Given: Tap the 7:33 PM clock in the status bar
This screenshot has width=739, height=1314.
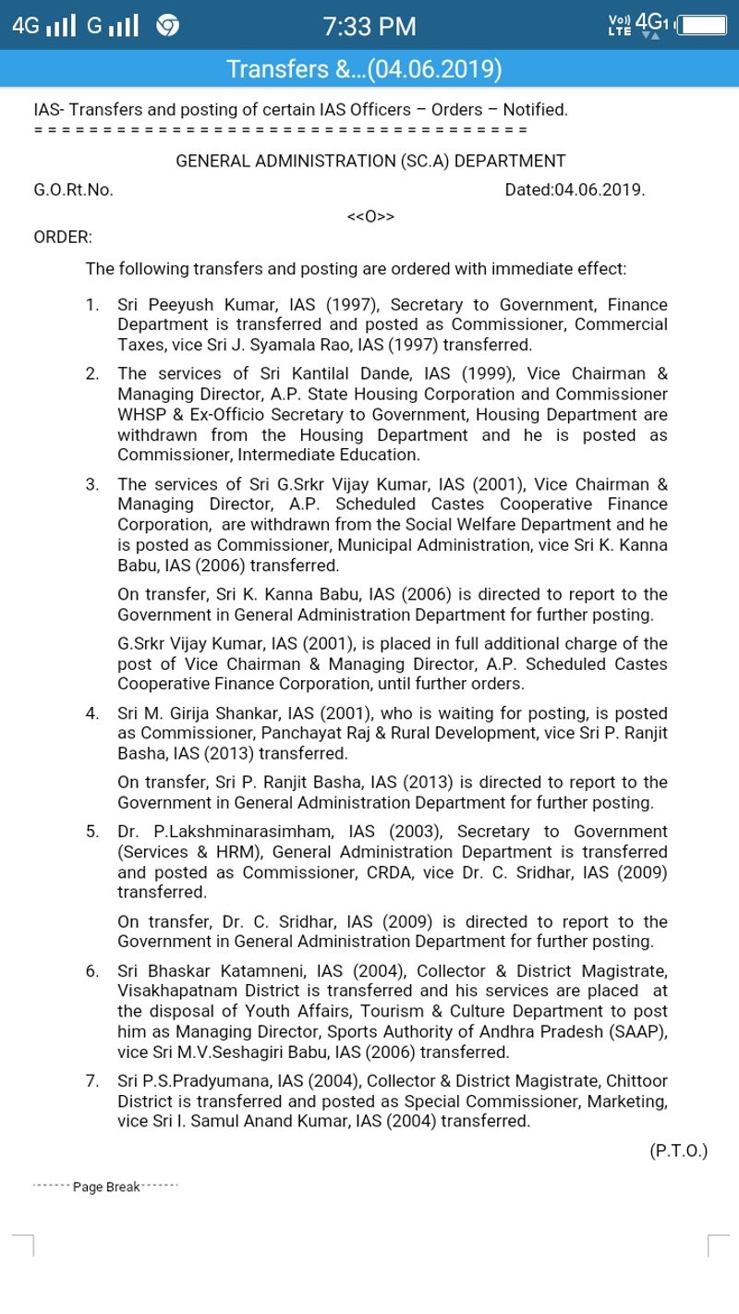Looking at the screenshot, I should coord(369,26).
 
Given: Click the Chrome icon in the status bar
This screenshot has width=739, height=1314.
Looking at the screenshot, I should coord(167,26).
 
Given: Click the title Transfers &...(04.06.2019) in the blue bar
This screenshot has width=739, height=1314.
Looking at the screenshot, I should coord(364,69).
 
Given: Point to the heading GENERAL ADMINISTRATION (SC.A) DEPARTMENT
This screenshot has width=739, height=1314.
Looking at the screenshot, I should coord(370,161).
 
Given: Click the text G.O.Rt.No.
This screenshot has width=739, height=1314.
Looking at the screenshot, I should coord(73,190).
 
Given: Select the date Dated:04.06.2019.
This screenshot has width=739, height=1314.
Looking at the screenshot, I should coord(575,190).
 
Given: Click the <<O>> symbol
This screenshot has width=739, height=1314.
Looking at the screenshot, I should coord(370,216).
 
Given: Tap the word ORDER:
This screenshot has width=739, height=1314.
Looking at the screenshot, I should coord(63,237).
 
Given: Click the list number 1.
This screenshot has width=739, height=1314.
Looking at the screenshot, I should coord(91,305).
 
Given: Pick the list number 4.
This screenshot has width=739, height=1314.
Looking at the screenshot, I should coord(91,713).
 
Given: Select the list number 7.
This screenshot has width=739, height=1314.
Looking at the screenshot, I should coord(91,1081).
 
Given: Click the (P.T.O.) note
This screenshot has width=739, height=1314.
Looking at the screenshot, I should coord(678,1150).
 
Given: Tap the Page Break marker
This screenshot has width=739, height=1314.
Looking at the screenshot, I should coord(106,1187).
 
